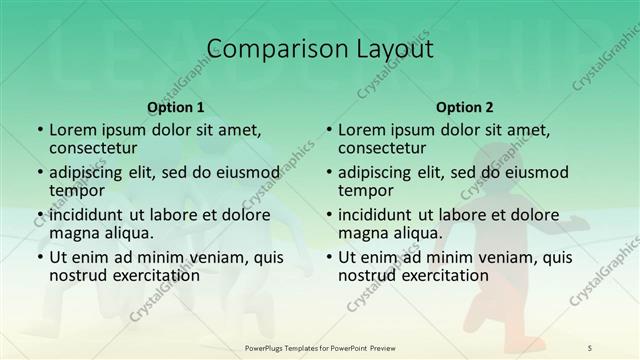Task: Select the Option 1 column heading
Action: click(175, 106)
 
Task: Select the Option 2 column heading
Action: click(464, 106)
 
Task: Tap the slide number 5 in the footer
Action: click(590, 347)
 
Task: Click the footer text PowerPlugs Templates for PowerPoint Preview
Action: click(319, 347)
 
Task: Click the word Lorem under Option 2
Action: click(361, 130)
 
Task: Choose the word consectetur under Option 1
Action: click(96, 148)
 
